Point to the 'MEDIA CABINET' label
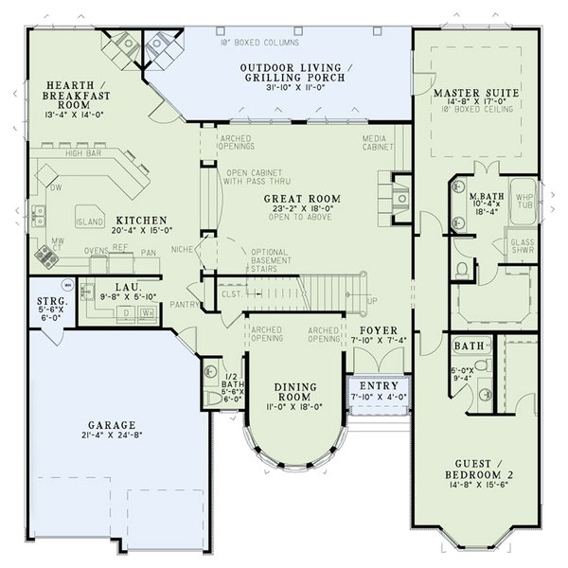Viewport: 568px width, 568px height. pyautogui.click(x=378, y=142)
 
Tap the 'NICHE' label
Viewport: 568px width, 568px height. pyautogui.click(x=182, y=248)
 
